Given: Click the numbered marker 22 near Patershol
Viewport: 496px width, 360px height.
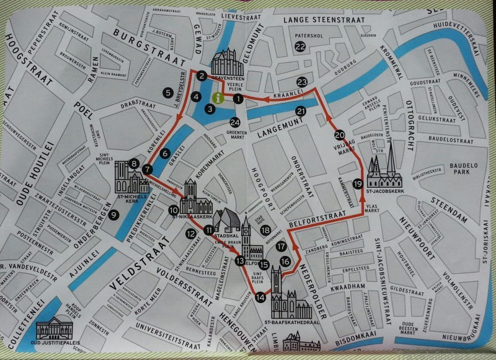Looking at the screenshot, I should [300, 46].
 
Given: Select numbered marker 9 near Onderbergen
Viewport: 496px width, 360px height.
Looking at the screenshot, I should [113, 215].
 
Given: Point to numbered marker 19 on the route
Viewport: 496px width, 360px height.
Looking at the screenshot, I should [358, 183].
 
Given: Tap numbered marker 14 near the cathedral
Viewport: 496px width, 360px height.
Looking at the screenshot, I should [260, 297].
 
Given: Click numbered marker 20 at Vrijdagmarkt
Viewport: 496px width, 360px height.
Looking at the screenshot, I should [339, 134].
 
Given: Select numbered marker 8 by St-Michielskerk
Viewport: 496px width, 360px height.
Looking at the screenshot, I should [134, 164].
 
